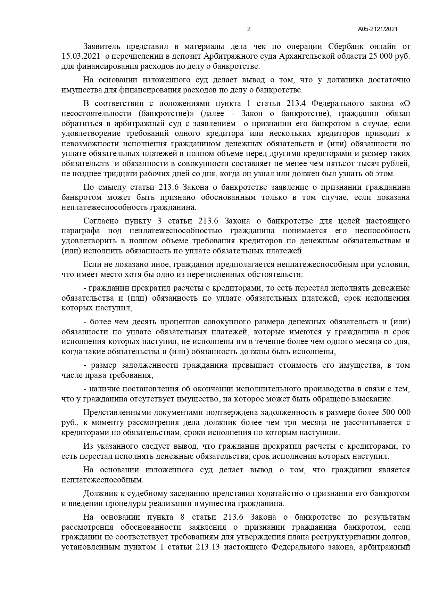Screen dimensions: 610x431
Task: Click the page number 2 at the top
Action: (x=248, y=29)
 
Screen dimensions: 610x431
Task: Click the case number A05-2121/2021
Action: (x=378, y=29)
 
